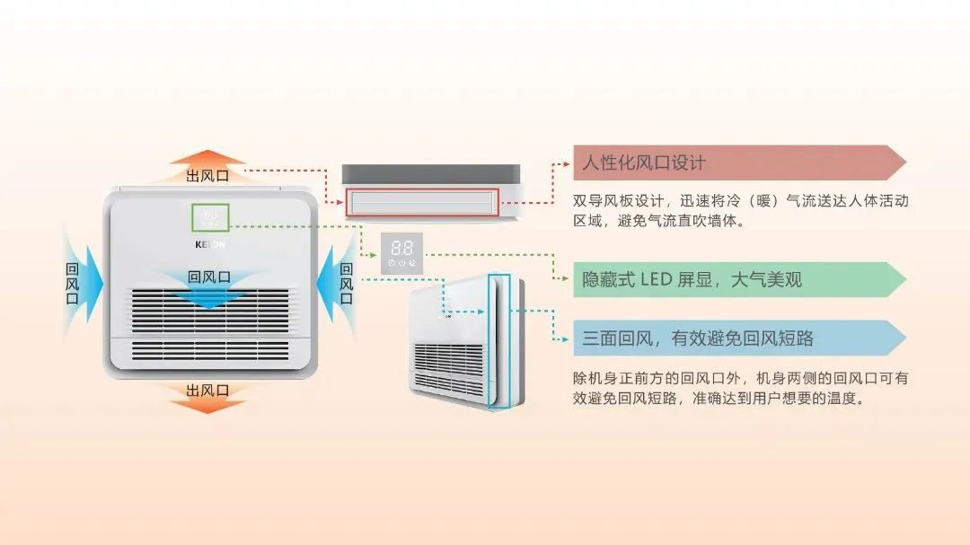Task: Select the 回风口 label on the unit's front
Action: tap(209, 277)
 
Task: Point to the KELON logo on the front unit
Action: tap(210, 244)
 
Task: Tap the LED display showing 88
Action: tap(401, 251)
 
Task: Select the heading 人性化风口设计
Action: tap(644, 163)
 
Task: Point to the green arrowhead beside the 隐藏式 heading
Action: tap(564, 280)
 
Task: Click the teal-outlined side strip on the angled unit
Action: tap(499, 341)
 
